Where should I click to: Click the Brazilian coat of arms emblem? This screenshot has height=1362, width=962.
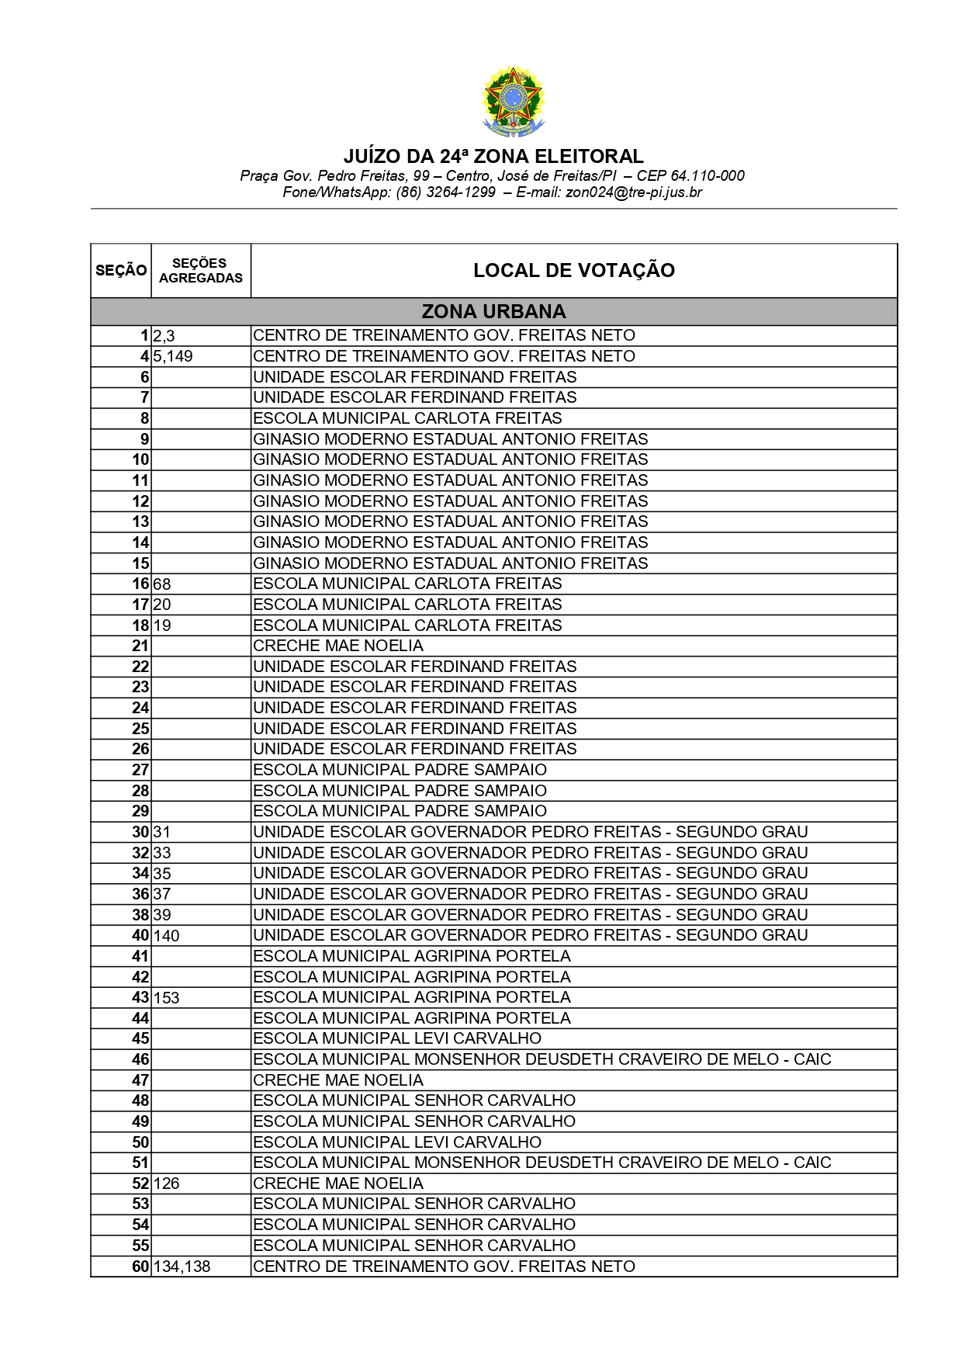coord(512,101)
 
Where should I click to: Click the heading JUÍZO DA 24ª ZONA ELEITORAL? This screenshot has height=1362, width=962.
coord(493,156)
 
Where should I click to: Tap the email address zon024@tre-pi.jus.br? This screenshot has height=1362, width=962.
coord(634,192)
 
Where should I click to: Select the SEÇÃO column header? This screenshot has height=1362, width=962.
coord(121,270)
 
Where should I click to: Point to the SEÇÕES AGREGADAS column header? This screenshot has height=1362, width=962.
coord(201,270)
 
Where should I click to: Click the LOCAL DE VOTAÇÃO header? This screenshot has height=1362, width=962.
coord(574,270)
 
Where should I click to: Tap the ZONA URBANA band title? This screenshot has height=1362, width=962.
coord(493,311)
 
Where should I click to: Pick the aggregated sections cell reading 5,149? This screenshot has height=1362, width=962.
coord(173,356)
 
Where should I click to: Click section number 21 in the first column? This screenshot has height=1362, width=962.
coord(140,646)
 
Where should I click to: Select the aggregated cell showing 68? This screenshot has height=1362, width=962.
coord(162,584)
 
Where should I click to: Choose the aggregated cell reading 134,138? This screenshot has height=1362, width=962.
coord(182,1267)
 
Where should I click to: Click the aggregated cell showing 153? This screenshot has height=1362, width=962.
coord(167,997)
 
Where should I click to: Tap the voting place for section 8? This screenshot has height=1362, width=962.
coord(407,418)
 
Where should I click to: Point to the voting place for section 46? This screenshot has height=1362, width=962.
coord(542,1059)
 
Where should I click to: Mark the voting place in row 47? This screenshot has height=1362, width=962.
coord(338,1080)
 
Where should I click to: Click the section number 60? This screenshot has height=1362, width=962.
coord(140,1267)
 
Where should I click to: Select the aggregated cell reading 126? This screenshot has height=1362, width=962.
coord(167,1184)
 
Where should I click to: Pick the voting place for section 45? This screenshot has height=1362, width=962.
coord(397,1038)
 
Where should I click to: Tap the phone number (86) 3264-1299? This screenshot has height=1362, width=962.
coord(445,192)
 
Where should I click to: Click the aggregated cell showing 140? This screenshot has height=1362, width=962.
coord(167,935)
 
